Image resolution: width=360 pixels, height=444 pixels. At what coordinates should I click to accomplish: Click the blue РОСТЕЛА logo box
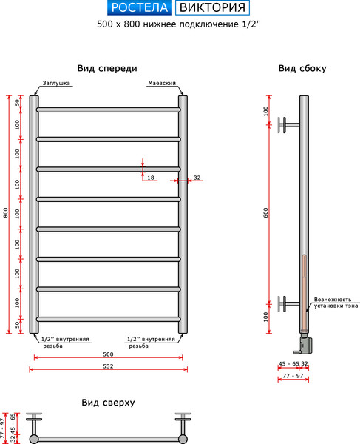click(139, 9)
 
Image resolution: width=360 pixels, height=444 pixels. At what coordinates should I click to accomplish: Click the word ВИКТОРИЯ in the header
click(212, 9)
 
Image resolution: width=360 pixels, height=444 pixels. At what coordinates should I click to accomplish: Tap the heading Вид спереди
click(107, 68)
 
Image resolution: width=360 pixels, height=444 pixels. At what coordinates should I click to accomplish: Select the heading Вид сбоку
click(302, 68)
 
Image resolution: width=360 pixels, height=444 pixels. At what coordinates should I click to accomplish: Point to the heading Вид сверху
click(107, 403)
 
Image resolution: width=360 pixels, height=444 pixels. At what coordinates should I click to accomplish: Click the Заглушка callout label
click(56, 84)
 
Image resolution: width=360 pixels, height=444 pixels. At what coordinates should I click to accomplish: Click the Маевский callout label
click(161, 84)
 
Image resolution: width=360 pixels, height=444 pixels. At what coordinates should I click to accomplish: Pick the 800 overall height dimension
click(6, 213)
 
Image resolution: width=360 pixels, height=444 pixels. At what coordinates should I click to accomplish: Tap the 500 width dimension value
click(108, 354)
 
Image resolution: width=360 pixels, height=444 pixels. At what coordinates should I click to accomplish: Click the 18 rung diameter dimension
click(150, 178)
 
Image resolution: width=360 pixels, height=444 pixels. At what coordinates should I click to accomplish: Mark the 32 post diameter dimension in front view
click(197, 178)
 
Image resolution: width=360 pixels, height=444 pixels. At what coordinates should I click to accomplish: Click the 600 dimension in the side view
click(265, 213)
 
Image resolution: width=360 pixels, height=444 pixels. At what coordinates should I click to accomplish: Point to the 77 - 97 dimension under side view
click(293, 377)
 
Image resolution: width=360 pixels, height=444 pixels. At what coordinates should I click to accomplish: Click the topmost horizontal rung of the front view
click(108, 110)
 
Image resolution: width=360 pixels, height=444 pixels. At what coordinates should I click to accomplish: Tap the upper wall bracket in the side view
click(285, 124)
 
